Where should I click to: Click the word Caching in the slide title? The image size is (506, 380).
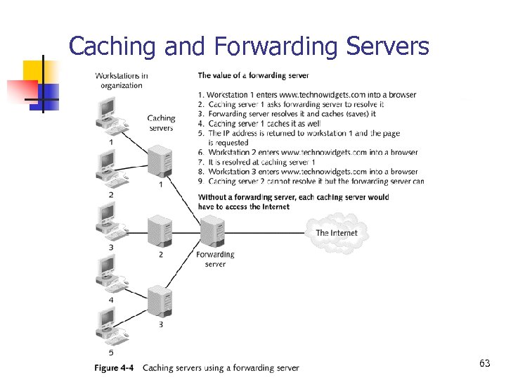click(x=113, y=47)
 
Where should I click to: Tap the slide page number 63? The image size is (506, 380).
click(x=484, y=363)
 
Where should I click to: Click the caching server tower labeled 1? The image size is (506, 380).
click(x=160, y=160)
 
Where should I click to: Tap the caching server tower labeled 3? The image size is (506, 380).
click(x=160, y=302)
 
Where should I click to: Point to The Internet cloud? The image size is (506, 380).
click(x=337, y=232)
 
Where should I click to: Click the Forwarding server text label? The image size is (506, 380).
click(x=215, y=259)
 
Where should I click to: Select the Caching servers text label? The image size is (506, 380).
click(x=161, y=123)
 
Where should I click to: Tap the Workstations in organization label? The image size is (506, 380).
click(x=121, y=80)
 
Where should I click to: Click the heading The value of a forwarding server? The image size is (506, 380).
click(x=253, y=75)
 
